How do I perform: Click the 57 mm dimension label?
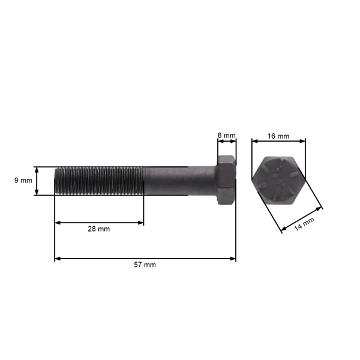[x=145, y=265]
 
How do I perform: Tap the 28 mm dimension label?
[x=100, y=229]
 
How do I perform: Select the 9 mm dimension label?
[x=22, y=181]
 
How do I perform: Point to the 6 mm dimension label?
[x=226, y=136]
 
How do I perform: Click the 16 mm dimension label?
[x=278, y=136]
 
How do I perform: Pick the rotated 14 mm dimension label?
[x=305, y=224]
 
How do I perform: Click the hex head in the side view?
[x=226, y=181]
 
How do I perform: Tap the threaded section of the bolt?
[x=99, y=181]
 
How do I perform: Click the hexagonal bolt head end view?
[x=278, y=181]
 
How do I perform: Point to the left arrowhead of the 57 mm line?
[x=58, y=259]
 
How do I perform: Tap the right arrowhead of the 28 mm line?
[x=141, y=223]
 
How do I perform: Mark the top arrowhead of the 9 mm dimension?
[x=37, y=170]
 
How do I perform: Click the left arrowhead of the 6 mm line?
[x=220, y=142]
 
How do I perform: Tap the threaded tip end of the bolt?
[x=57, y=181]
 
